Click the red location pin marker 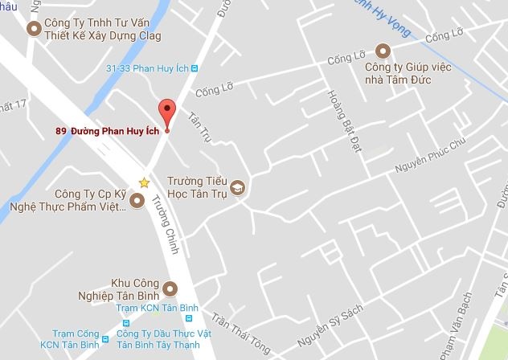(166, 112)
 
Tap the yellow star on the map (144, 182)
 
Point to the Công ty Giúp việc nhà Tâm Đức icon (383, 51)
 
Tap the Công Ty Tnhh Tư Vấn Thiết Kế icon (34, 30)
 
